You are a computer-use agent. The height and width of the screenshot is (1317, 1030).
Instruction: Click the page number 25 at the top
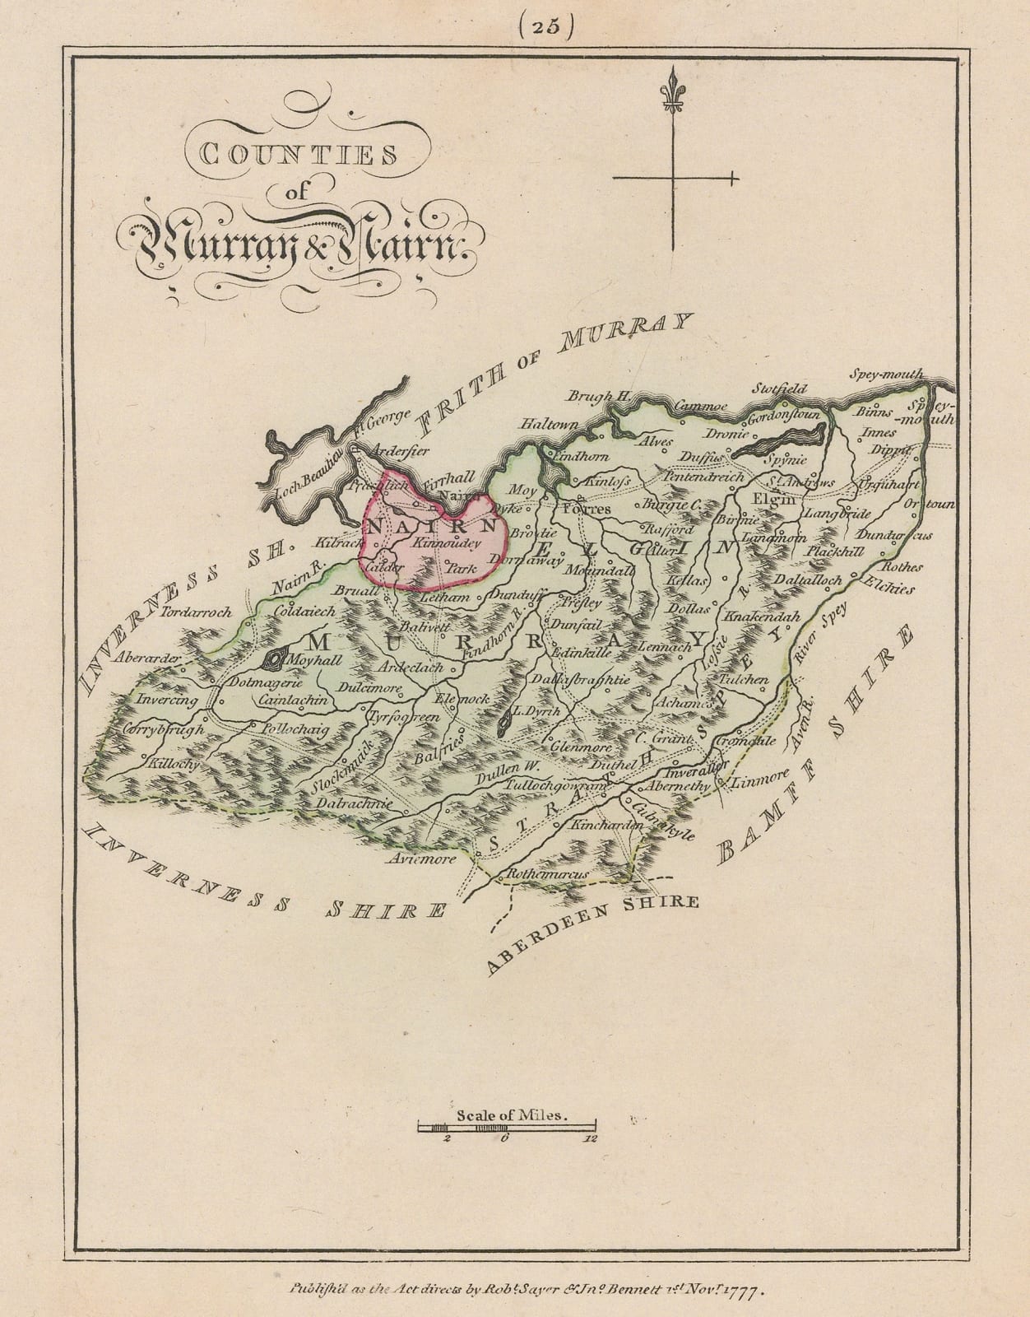click(539, 27)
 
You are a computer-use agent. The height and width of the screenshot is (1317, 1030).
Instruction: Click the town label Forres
click(586, 510)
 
